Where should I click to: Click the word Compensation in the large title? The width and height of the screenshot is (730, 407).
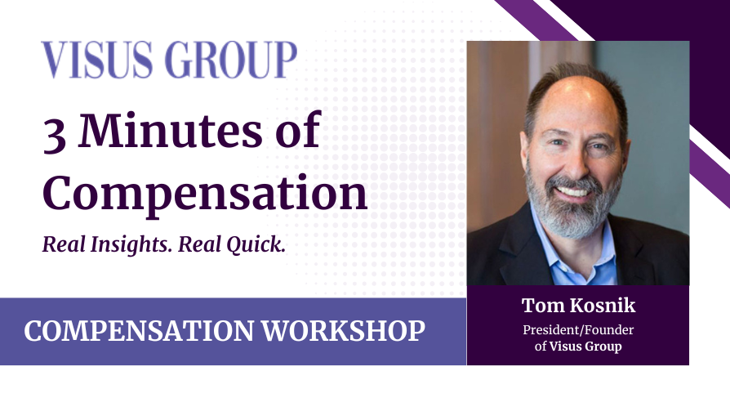coord(204,193)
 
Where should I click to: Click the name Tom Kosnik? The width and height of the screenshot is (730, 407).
coord(577,306)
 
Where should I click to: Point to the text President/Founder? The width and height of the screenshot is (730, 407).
coord(578,330)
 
